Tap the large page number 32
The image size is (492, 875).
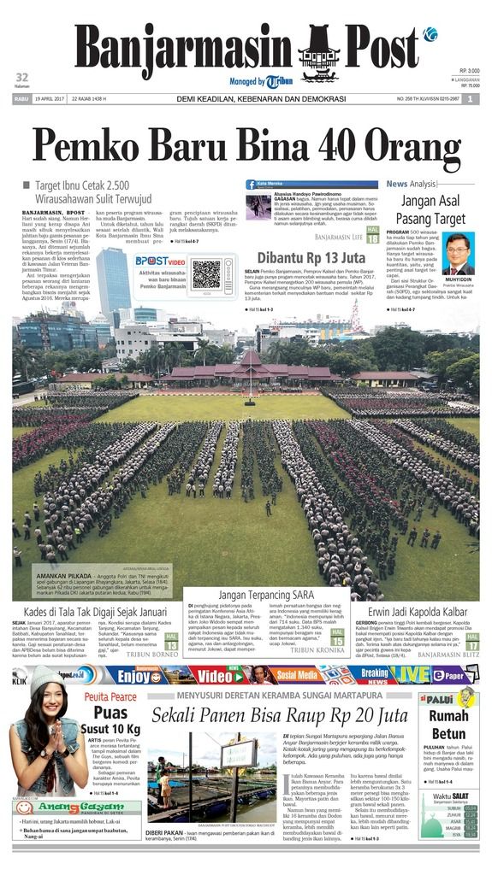pyautogui.click(x=22, y=77)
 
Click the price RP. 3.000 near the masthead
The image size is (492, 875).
pyautogui.click(x=469, y=71)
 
